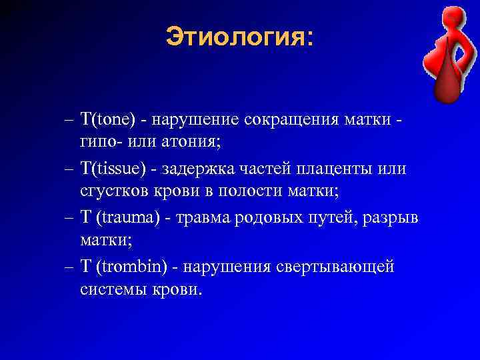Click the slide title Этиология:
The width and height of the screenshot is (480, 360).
239,37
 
